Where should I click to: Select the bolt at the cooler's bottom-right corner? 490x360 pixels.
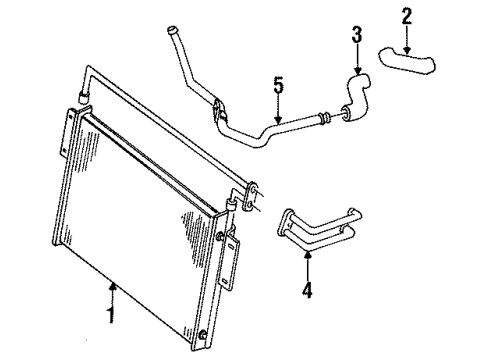(x=203, y=332)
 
